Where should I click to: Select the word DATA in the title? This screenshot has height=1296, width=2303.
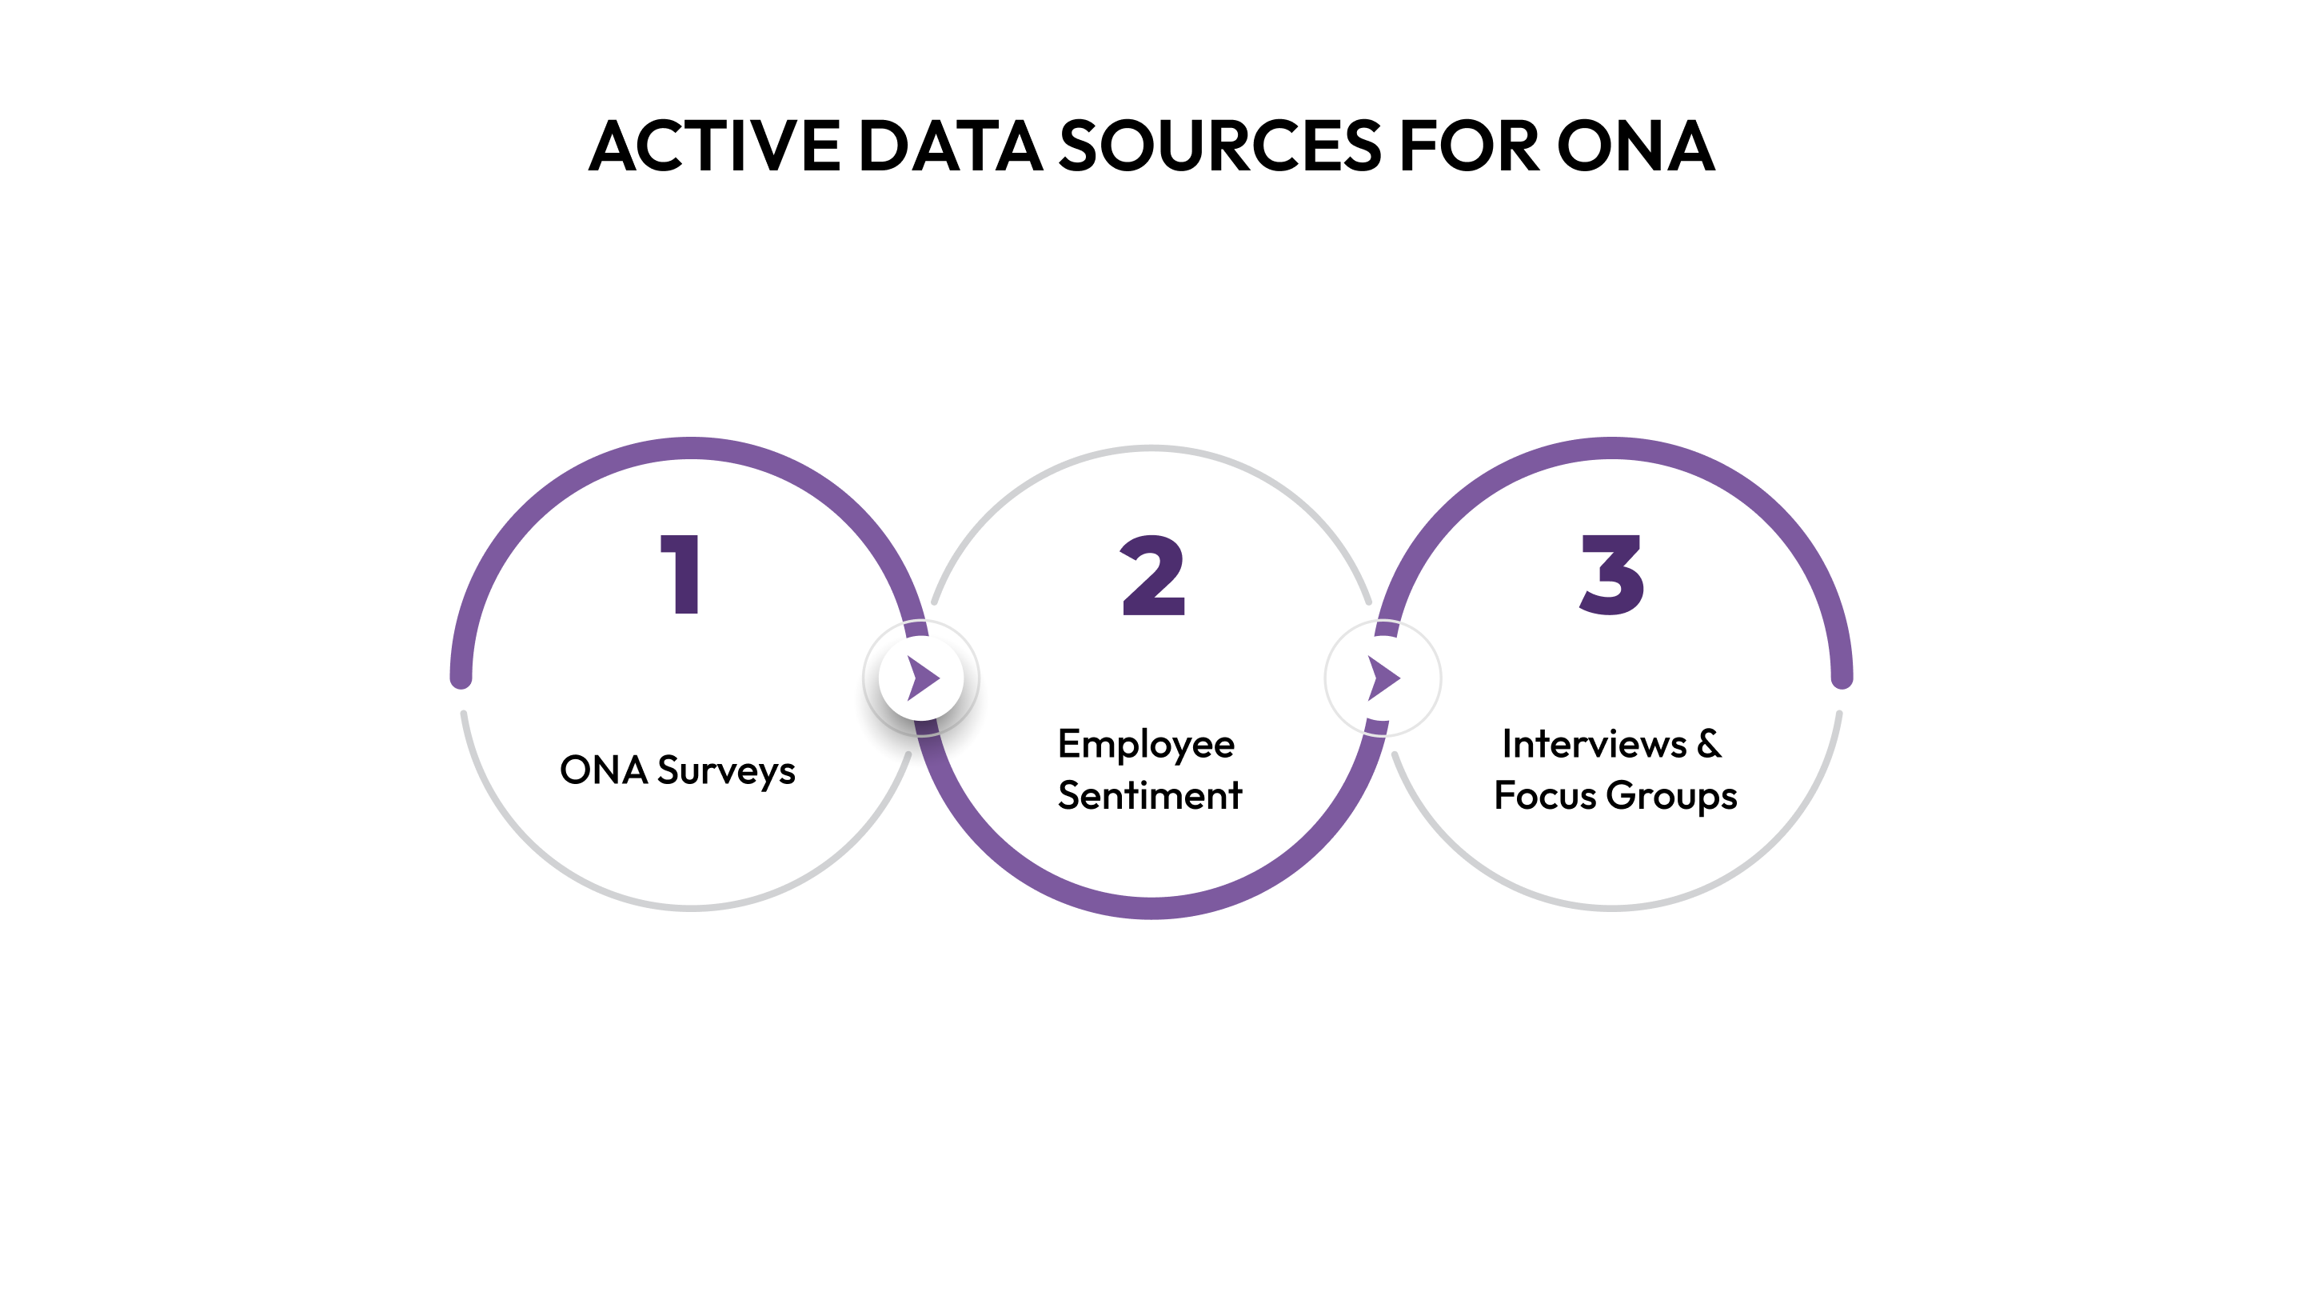(950, 146)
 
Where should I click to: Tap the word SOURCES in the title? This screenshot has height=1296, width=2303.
(1220, 146)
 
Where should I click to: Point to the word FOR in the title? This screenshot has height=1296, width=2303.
(1469, 146)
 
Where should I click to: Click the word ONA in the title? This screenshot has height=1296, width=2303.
(1635, 146)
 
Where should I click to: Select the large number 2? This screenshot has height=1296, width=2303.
(1152, 576)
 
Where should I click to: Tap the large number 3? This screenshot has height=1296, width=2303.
(1612, 574)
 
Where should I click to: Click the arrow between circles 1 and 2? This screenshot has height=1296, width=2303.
(923, 678)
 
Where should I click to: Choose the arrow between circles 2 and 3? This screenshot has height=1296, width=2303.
(1383, 678)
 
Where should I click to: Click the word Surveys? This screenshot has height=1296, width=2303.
(726, 771)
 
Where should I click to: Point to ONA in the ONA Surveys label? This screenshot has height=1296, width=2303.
(604, 770)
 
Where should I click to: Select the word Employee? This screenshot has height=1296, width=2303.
(1146, 745)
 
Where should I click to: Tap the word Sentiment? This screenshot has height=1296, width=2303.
(1150, 795)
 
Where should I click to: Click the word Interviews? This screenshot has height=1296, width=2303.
(1593, 744)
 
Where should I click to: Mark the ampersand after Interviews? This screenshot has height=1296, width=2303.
(1709, 744)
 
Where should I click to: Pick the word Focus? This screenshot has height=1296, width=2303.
(1545, 795)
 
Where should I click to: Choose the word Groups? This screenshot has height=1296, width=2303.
(1672, 796)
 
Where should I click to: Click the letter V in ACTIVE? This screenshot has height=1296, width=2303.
(764, 146)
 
